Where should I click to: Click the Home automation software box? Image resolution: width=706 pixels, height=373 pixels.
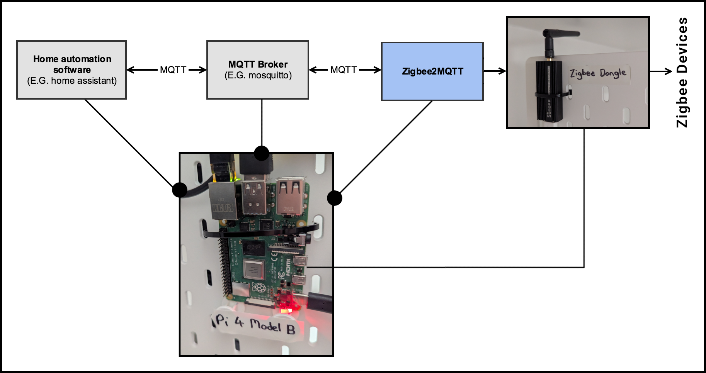coord(71,70)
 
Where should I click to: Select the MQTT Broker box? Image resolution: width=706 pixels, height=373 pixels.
coord(258,70)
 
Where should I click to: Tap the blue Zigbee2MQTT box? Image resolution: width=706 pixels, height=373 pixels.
coord(432,71)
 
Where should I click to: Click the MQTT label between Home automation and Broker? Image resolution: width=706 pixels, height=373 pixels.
coord(173,70)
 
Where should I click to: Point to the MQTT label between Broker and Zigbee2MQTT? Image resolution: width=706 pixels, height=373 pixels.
coord(344,70)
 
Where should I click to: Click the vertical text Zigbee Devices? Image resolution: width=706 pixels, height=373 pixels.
coord(682,72)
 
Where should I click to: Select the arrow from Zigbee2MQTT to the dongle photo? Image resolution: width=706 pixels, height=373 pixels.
coord(495,71)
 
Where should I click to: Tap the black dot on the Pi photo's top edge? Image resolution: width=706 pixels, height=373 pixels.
coord(262,153)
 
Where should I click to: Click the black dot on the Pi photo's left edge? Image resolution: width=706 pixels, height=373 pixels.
coord(180,190)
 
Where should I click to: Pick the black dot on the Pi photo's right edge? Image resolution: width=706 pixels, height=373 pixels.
coord(334,198)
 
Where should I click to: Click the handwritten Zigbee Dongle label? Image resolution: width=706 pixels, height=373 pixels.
coord(597,73)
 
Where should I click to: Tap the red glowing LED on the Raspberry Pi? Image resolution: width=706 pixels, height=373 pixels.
coord(286,309)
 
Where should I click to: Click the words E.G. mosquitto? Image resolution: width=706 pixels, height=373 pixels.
coord(258,75)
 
